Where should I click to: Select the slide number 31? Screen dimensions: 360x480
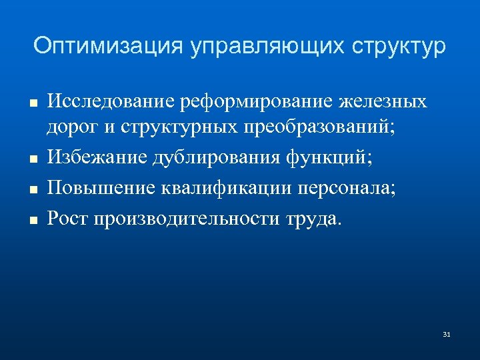pos(447,333)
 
